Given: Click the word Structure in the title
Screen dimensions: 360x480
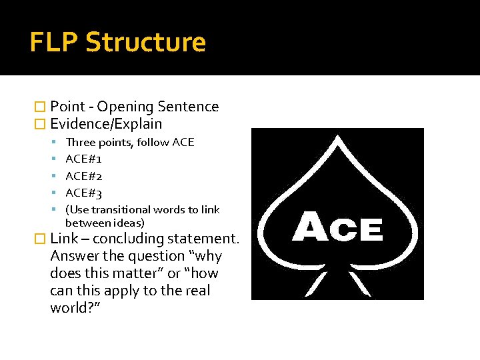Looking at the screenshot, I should tap(146, 42).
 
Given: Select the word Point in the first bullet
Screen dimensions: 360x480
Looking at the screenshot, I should tap(67, 107).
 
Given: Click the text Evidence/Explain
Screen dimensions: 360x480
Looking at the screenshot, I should tap(106, 124).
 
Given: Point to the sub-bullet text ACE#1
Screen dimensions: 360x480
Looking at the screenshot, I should tap(83, 159).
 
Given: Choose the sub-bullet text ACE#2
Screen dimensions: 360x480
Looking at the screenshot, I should tap(83, 177).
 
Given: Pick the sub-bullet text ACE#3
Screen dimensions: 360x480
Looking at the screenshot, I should tap(83, 194).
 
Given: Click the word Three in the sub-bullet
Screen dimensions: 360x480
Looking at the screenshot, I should tap(79, 142).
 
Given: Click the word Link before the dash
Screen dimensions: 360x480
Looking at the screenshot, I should tap(65, 239).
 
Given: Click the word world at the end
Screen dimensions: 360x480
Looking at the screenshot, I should tap(69, 308).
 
